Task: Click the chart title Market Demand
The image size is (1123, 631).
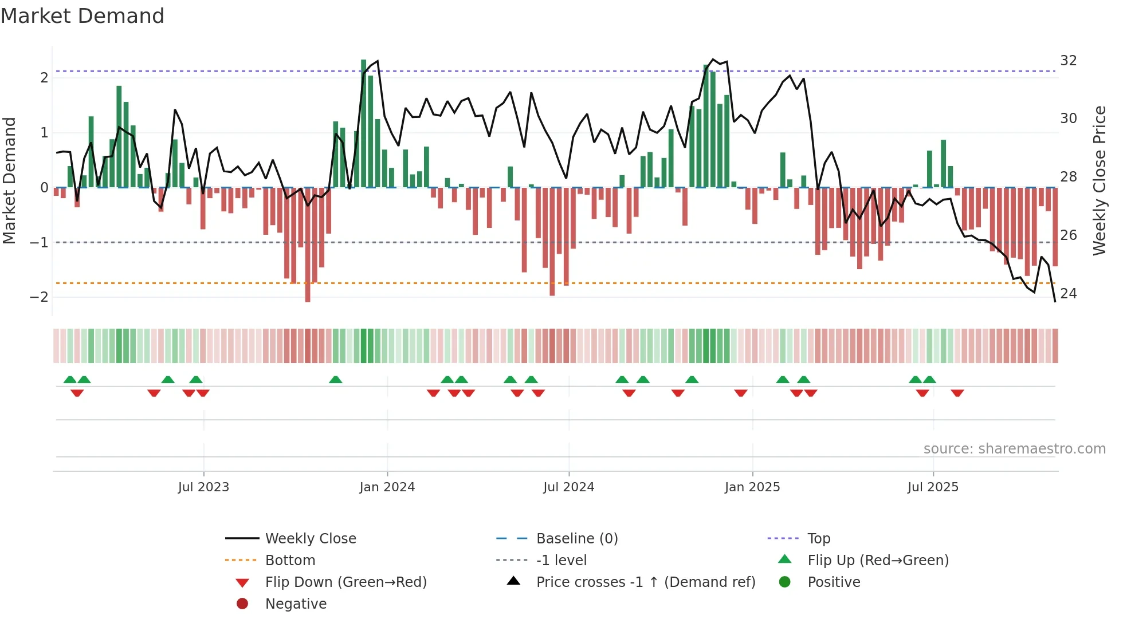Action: point(83,16)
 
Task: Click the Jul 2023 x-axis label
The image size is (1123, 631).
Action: point(203,487)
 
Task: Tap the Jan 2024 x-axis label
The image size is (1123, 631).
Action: point(387,487)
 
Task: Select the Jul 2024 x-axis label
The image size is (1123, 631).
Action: point(568,487)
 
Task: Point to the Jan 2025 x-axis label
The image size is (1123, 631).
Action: point(752,487)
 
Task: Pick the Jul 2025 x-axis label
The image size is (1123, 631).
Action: point(933,487)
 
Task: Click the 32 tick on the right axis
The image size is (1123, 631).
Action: point(1068,61)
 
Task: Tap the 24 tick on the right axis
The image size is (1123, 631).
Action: point(1068,294)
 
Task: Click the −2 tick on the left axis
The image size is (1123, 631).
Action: point(39,297)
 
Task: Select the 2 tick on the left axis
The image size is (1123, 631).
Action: point(44,78)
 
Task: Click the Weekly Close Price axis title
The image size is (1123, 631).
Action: point(1099,180)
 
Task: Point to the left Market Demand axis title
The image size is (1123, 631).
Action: point(9,180)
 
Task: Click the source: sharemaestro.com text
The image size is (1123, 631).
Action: point(1014,449)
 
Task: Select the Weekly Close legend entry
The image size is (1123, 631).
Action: point(310,539)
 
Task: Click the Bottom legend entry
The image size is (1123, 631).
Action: point(290,561)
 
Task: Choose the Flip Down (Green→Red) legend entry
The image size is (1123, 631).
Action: point(345,582)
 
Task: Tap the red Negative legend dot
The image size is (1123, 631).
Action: point(242,604)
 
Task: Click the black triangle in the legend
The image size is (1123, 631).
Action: point(513,581)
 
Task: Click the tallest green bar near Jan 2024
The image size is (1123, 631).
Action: point(363,123)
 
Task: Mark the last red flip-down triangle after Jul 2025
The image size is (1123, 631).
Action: point(957,393)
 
